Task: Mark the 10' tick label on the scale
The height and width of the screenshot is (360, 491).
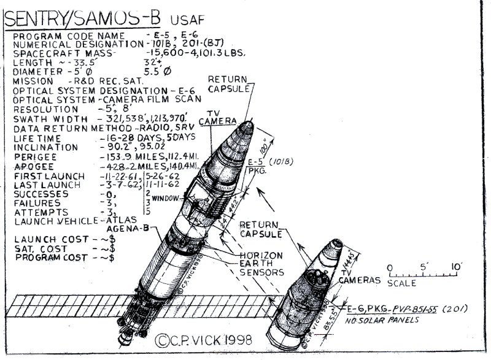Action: (x=456, y=267)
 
